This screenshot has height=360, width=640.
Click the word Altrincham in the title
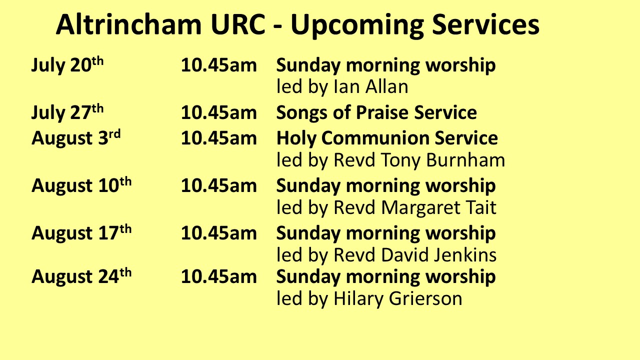[x=129, y=24]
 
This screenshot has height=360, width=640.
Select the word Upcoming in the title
[x=357, y=26]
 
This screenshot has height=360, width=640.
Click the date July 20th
[x=67, y=64]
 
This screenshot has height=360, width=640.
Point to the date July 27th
[x=67, y=112]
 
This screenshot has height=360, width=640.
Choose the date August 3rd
[x=76, y=137]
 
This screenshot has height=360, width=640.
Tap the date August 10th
[x=81, y=185]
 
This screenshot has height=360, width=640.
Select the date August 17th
[x=81, y=232]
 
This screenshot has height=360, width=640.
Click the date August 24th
[x=81, y=276]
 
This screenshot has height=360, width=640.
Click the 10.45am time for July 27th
[x=219, y=112]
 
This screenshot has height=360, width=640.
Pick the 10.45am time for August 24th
[x=219, y=276]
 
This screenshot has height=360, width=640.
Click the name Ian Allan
[x=371, y=86]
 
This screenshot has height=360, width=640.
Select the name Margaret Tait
[x=438, y=208]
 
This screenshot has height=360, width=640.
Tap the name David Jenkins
[x=438, y=255]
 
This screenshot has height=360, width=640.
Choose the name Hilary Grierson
[x=397, y=299]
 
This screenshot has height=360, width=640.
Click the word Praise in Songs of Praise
[x=382, y=112]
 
